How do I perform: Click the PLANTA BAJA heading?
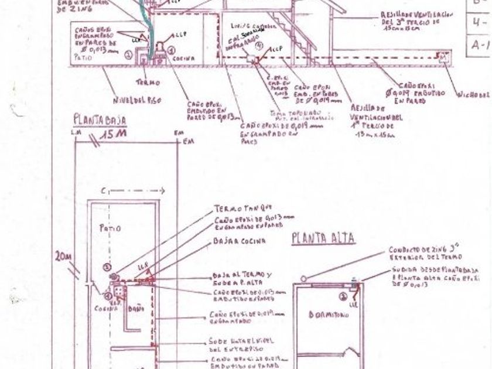coord(100,121)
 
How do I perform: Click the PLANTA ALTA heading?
coord(323,238)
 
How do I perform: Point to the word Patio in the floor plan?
coord(110,228)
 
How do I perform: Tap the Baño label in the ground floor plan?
coord(135,307)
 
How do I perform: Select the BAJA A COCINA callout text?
coord(240,241)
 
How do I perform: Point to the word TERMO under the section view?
coord(148,83)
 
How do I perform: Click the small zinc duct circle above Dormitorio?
coord(303,279)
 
